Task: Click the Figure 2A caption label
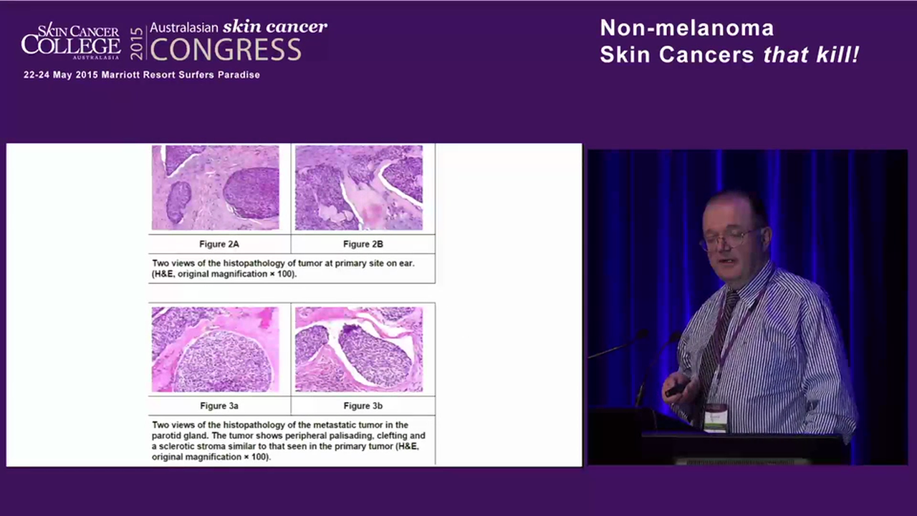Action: coord(219,244)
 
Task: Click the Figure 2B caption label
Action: coord(363,244)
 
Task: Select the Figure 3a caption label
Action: coord(219,406)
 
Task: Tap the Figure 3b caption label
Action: coord(363,406)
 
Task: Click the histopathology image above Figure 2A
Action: coord(215,188)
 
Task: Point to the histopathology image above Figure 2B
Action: coord(359,188)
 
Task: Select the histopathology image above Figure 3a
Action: coord(215,350)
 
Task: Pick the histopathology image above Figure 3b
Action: coord(359,350)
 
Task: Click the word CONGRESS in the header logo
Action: coord(225,49)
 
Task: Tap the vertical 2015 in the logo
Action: coord(137,43)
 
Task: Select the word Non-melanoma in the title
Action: coord(686,28)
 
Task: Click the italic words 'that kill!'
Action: coord(811,54)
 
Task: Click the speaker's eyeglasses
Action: coord(727,238)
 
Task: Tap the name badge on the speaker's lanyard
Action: coord(715,417)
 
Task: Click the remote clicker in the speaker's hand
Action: coord(676,390)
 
